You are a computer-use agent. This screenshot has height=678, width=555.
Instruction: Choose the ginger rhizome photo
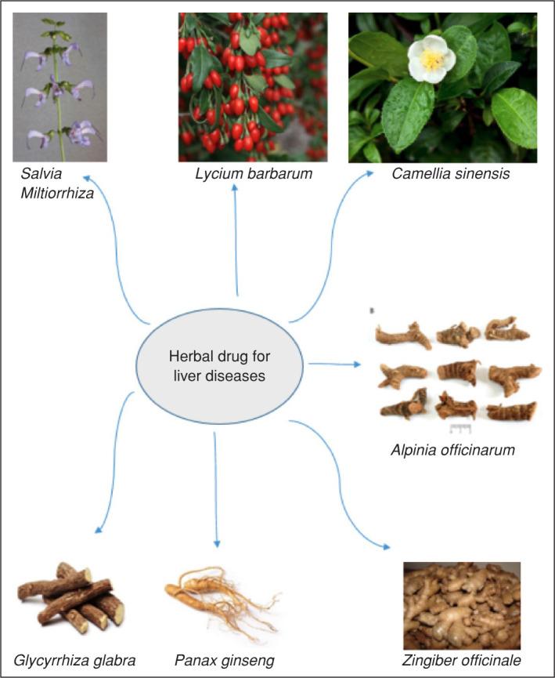[461, 604]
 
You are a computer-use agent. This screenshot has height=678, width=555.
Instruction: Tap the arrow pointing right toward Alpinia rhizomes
[333, 364]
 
